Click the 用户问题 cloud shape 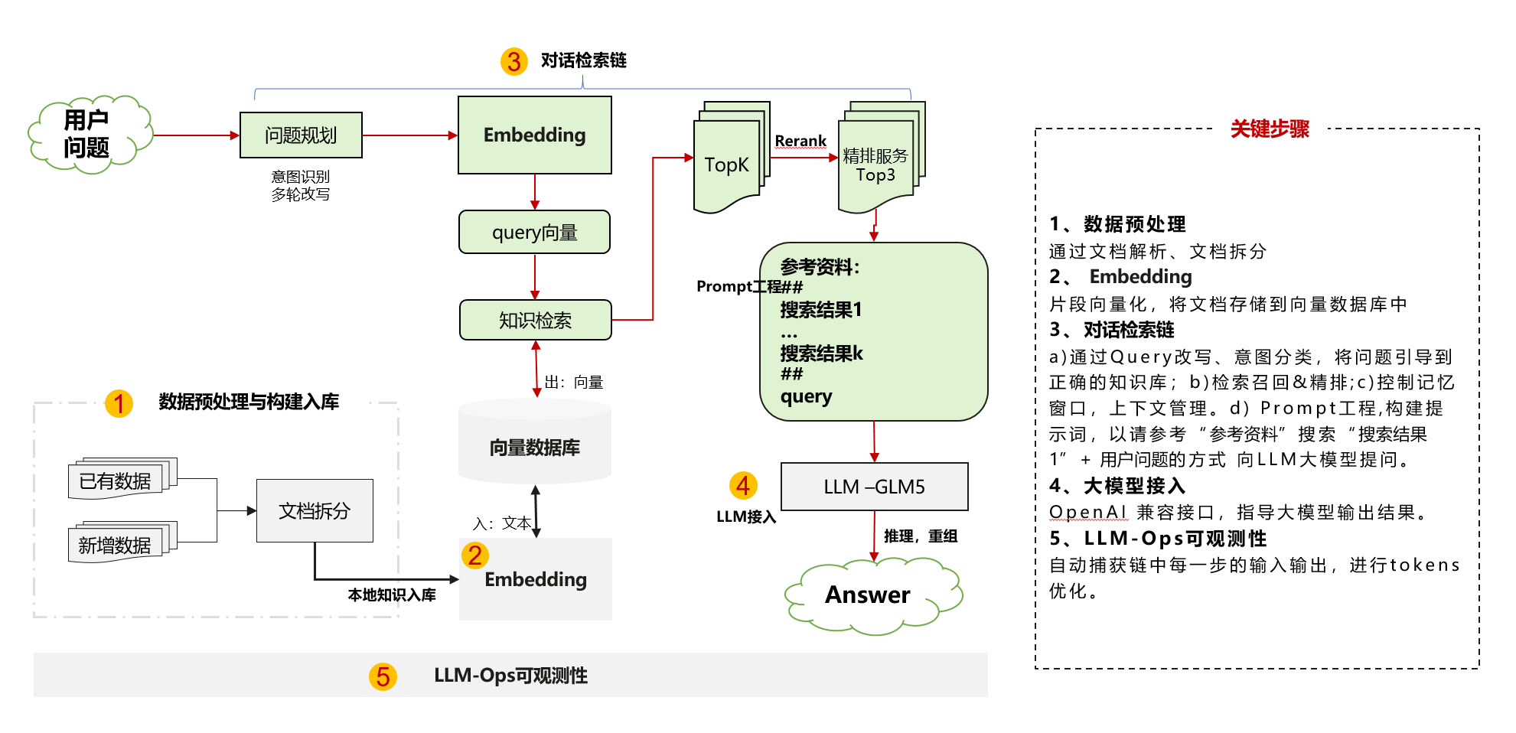(88, 135)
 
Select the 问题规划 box (301, 135)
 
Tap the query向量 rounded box (534, 232)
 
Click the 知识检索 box (535, 320)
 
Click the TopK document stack (726, 164)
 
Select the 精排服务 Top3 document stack (876, 165)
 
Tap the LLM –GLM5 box (874, 487)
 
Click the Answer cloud (869, 595)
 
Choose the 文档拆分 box (315, 510)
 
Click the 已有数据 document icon (116, 481)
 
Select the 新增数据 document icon (116, 544)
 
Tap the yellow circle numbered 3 (513, 61)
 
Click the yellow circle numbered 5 (383, 676)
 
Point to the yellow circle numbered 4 (742, 485)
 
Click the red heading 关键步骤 (1270, 129)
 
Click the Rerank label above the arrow (800, 141)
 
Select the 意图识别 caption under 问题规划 (301, 177)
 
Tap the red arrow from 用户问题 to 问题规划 (195, 135)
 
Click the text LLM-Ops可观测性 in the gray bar (510, 676)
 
